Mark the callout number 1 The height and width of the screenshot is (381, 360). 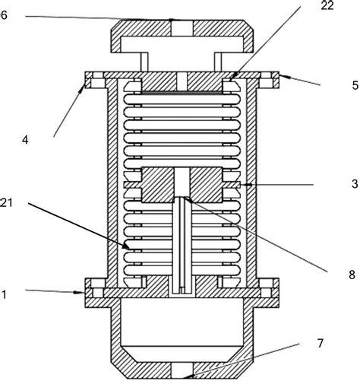(x=6, y=291)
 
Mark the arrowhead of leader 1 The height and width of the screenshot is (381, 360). (x=84, y=290)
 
